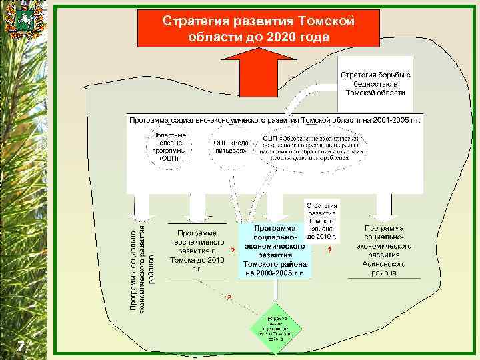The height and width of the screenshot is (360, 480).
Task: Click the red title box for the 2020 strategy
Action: (x=259, y=29)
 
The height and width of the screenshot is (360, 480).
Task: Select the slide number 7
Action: (x=21, y=346)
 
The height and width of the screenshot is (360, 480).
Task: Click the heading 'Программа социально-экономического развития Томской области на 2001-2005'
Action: (x=275, y=119)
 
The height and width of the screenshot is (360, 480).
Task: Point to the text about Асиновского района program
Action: (x=388, y=251)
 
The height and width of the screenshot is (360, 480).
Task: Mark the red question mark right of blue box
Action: (x=329, y=251)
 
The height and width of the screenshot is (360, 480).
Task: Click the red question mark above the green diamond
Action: (x=229, y=297)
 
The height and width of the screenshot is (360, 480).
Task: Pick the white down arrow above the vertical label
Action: (x=142, y=208)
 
